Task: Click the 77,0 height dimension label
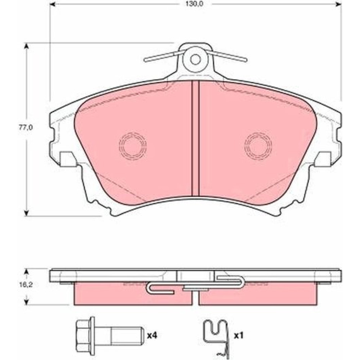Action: coord(26,127)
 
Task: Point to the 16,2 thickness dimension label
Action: coord(26,285)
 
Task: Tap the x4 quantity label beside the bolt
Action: coord(152,336)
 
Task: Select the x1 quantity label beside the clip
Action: coord(238,336)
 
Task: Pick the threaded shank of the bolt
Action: coord(126,336)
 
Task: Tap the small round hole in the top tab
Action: coord(195,59)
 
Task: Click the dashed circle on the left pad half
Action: coord(132,146)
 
